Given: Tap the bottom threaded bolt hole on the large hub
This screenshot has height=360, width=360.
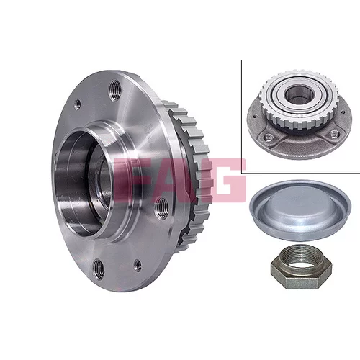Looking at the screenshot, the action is coord(98,269).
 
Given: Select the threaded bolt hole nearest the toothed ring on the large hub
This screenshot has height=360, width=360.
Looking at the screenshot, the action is coord(161,207).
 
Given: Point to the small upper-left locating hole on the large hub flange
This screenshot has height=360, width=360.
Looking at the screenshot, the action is coord(77,104).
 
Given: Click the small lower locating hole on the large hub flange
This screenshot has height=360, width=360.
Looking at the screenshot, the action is coord(138,265).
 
